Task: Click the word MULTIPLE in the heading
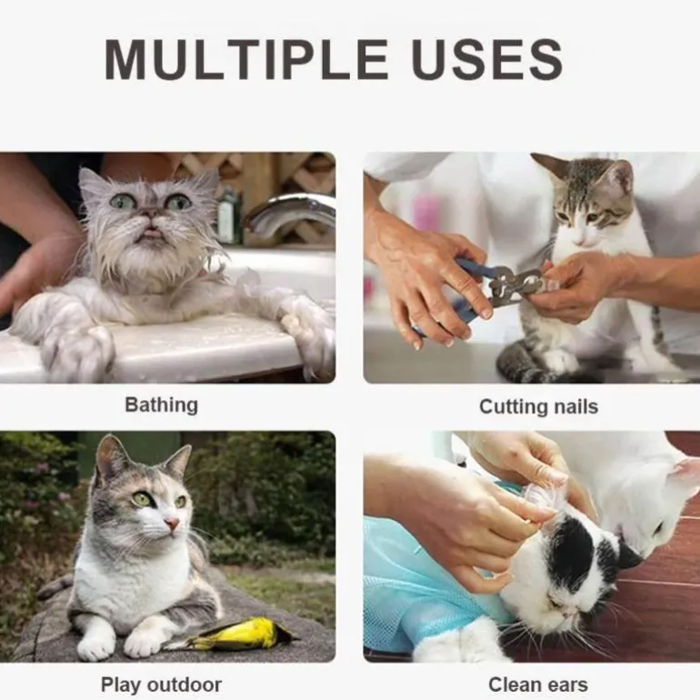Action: (246, 59)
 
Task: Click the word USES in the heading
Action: (487, 59)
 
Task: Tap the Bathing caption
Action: (161, 405)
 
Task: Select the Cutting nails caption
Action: (538, 406)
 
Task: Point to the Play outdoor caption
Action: (161, 685)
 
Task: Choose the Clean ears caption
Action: (538, 685)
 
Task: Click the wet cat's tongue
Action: (151, 232)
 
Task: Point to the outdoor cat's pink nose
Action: (172, 523)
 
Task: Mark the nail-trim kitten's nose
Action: (580, 241)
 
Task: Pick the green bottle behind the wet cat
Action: (228, 217)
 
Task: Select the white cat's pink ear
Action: (686, 475)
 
